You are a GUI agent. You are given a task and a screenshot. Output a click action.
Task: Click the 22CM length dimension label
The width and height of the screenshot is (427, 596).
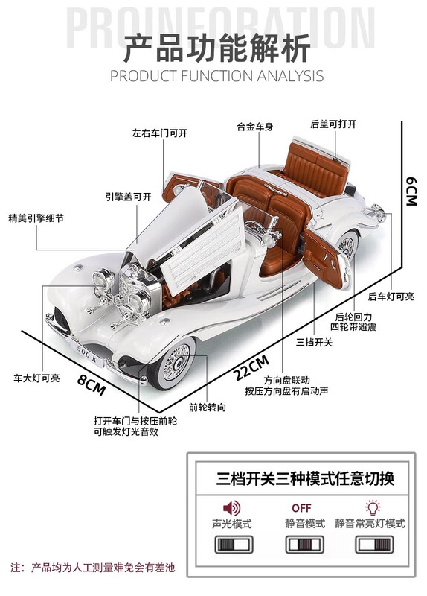point(252,367)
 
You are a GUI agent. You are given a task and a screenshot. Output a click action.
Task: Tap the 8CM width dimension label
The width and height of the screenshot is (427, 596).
point(91,384)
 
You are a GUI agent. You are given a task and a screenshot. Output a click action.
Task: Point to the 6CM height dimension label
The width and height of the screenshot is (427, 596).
point(411,191)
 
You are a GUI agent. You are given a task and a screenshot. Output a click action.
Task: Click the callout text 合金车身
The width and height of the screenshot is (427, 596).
point(254,127)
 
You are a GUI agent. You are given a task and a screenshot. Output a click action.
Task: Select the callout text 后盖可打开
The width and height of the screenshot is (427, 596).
point(333,124)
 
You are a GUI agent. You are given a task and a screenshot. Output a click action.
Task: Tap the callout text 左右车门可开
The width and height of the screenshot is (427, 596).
point(160,133)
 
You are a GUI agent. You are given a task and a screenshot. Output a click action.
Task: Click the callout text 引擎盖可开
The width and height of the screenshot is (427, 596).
point(128,197)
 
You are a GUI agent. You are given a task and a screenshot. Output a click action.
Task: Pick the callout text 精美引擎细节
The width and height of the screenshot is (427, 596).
point(36,218)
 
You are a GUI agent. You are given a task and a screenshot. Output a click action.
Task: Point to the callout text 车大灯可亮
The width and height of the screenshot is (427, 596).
point(36,378)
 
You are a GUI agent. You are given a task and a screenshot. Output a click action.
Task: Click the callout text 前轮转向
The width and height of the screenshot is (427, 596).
point(208,408)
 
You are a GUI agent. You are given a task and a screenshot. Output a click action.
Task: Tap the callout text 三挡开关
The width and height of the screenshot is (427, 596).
point(314,342)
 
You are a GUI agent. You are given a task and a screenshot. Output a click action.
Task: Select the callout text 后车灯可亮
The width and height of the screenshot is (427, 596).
point(391,297)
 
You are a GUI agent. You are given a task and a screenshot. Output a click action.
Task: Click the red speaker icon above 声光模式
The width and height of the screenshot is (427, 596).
point(232,507)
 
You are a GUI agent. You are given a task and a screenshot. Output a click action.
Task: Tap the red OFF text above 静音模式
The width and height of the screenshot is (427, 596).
point(302,508)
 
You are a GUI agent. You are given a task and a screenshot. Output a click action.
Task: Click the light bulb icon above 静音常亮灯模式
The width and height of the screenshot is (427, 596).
point(373,507)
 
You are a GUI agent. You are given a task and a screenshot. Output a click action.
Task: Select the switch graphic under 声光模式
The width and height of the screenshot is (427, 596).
point(234,545)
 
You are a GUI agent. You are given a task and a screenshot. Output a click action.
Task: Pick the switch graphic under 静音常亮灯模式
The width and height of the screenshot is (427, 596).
point(375,545)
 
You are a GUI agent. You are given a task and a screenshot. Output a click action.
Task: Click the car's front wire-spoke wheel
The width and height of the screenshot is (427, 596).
point(175,363)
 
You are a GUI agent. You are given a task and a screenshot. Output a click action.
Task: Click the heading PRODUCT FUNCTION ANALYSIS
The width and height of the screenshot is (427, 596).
point(216,76)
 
